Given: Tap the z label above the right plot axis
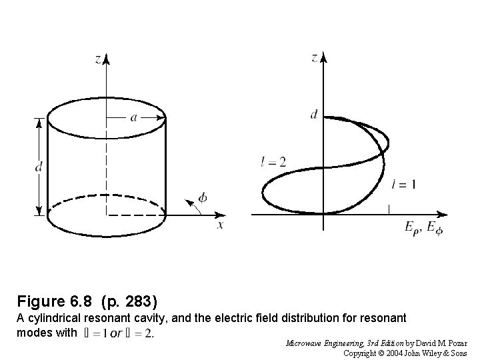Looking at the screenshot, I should click(x=315, y=58).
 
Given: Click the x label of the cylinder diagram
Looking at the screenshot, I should click(x=220, y=225).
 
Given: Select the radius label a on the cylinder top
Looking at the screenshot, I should click(x=134, y=117).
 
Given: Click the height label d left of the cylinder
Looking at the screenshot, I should click(x=39, y=166).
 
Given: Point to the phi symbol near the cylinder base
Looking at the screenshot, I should click(x=203, y=198).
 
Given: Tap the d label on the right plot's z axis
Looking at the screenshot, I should click(x=314, y=115).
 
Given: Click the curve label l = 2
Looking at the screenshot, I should click(x=273, y=161).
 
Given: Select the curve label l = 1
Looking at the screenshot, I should click(x=403, y=185).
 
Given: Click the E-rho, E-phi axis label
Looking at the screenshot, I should click(x=423, y=227).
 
